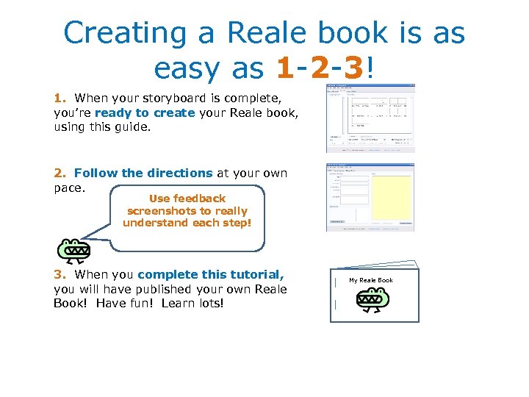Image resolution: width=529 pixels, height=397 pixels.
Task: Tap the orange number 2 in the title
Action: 320,68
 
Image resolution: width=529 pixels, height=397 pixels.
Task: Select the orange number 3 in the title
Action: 353,68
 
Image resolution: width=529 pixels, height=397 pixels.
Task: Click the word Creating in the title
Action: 116,33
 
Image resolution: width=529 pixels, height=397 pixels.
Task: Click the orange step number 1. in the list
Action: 60,98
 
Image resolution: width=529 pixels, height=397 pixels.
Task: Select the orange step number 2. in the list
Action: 60,174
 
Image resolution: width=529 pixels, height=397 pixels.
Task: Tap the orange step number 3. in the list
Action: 60,275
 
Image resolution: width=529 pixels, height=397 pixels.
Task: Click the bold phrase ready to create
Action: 145,112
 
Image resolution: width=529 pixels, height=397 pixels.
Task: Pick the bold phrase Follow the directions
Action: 143,174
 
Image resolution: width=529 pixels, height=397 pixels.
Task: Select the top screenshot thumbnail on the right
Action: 370,118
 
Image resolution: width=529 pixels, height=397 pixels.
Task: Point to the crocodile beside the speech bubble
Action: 74,250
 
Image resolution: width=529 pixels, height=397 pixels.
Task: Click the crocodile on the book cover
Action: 373,298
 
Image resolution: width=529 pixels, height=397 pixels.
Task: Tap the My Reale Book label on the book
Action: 371,280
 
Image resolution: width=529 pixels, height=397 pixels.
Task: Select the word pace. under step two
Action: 71,187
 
